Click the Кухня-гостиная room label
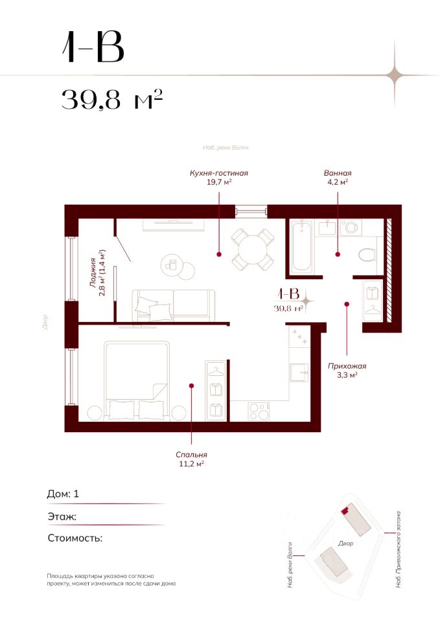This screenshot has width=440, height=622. click(218, 173)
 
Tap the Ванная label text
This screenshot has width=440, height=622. click(338, 173)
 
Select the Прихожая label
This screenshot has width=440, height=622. click(347, 366)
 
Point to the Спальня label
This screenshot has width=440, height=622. click(191, 455)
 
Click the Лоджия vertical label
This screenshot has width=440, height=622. click(93, 273)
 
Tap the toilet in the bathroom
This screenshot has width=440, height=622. click(367, 255)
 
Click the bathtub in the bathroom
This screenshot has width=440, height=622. click(301, 246)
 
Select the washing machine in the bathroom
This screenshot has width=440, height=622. click(351, 227)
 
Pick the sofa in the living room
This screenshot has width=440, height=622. click(174, 305)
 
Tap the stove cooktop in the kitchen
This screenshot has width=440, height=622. click(259, 411)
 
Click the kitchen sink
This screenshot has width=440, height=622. click(299, 373)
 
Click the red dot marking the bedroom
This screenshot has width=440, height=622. click(191, 385)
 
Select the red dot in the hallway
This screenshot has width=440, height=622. click(347, 305)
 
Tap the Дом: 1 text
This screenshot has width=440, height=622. click(63, 494)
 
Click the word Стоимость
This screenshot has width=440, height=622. click(75, 538)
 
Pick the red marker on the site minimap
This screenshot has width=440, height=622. click(345, 510)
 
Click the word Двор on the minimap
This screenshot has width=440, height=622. click(345, 544)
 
